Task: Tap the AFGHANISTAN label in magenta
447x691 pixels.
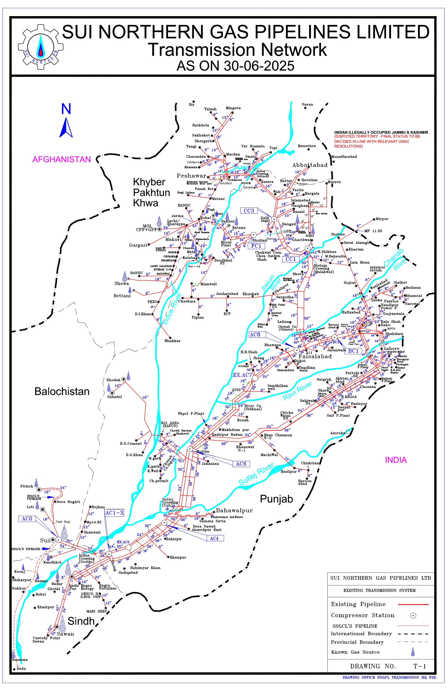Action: pos(62,159)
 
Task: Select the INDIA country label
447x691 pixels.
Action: pos(396,460)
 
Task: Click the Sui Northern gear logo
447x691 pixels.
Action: pos(41,47)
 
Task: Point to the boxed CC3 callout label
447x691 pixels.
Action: pos(249,211)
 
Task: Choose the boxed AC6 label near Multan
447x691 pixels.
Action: pos(241,464)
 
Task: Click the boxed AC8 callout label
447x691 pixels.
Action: pos(255,335)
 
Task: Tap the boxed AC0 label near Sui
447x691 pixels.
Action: pos(27,519)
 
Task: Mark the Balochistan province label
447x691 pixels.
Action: pos(62,392)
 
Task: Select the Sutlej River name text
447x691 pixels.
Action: pos(256,474)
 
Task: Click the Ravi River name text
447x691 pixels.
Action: pos(297,391)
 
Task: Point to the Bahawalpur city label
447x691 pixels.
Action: pos(234,510)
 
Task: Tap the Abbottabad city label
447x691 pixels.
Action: pos(310,165)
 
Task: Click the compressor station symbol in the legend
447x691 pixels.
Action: pos(413,616)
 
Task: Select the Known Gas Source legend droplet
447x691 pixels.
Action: pos(413,652)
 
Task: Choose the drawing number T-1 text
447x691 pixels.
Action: pos(420,666)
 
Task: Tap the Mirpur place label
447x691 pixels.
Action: pos(382,219)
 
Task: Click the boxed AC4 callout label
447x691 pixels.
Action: pos(214,539)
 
